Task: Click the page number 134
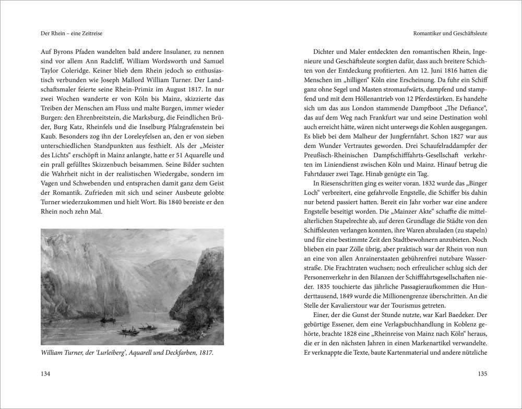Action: coord(39,373)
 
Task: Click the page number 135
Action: coord(482,373)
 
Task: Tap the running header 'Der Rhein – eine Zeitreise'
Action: coord(63,33)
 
